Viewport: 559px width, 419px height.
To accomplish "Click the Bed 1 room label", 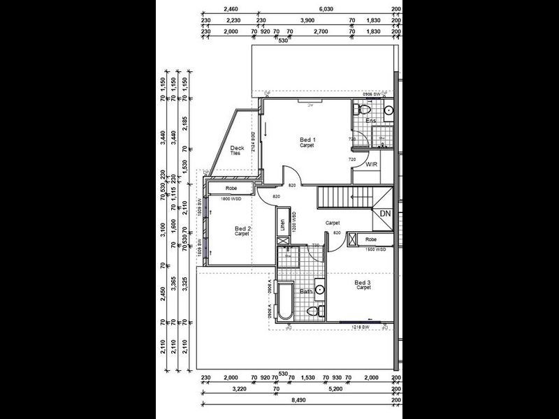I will [307, 140].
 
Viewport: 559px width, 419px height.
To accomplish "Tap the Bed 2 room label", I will [242, 229].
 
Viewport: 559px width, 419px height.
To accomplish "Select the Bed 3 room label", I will [363, 282].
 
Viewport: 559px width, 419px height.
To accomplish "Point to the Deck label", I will [236, 148].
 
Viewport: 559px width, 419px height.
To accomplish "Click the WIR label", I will [372, 165].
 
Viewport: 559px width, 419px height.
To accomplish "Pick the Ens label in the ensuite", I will [371, 121].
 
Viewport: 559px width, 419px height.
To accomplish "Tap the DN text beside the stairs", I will [384, 214].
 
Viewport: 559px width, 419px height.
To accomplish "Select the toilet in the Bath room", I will [314, 310].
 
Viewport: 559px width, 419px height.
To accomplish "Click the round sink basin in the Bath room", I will [319, 288].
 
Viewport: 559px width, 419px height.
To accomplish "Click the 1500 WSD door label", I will [375, 249].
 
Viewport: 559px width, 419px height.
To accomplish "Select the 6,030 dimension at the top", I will [325, 8].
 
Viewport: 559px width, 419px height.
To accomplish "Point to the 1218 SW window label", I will [361, 326].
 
